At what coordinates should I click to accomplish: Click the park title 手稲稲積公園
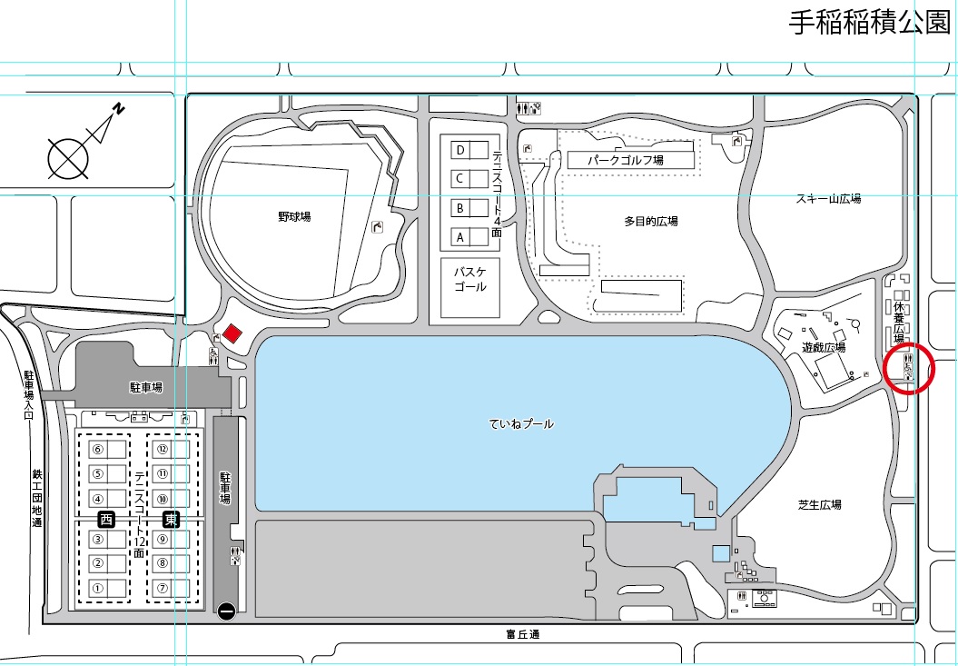pyautogui.click(x=870, y=23)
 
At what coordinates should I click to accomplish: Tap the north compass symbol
pyautogui.click(x=86, y=144)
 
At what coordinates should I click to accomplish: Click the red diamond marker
pyautogui.click(x=232, y=334)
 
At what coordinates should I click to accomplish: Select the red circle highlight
pyautogui.click(x=909, y=368)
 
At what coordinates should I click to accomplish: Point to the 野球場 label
pyautogui.click(x=294, y=216)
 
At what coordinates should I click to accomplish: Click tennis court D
pyautogui.click(x=469, y=151)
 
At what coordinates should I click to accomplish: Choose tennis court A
pyautogui.click(x=469, y=237)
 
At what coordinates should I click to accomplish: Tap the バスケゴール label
pyautogui.click(x=469, y=278)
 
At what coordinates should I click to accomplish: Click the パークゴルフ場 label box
pyautogui.click(x=631, y=160)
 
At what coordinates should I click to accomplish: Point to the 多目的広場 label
pyautogui.click(x=651, y=221)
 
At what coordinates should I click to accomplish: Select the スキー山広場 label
pyautogui.click(x=828, y=199)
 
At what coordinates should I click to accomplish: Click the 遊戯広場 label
pyautogui.click(x=824, y=347)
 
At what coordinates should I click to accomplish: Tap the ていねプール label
pyautogui.click(x=521, y=423)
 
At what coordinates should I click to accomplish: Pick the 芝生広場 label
pyautogui.click(x=819, y=504)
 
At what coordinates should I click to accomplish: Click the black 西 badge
pyautogui.click(x=106, y=520)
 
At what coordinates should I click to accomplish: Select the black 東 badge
pyautogui.click(x=171, y=520)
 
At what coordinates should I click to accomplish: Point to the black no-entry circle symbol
pyautogui.click(x=226, y=611)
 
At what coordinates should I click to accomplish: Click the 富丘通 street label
pyautogui.click(x=523, y=634)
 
